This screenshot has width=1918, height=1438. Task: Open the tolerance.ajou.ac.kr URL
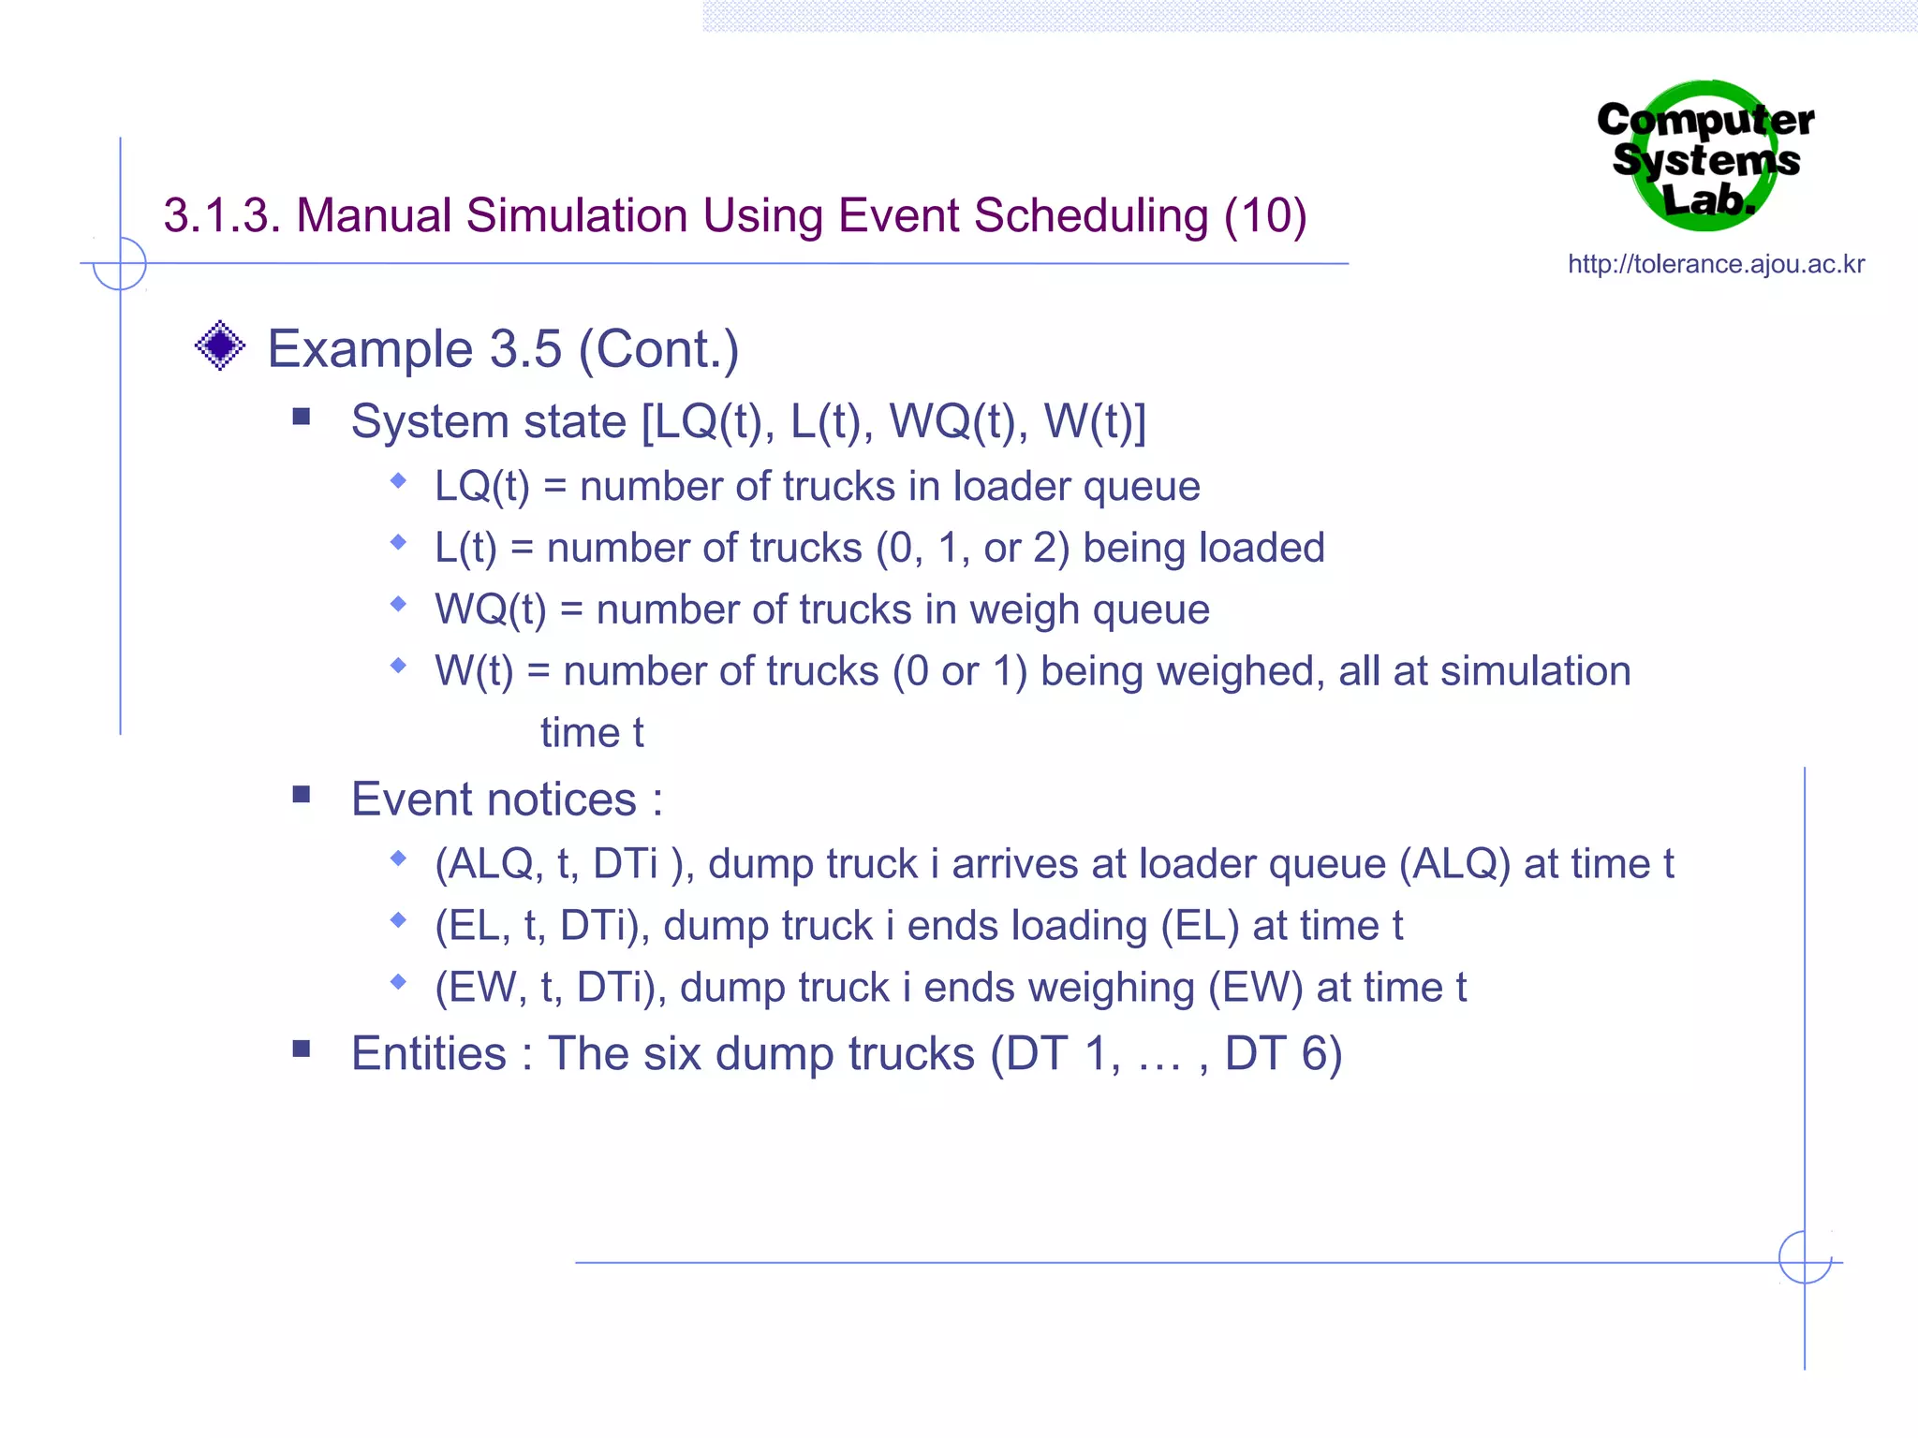[1716, 265]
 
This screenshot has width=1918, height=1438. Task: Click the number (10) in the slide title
[1265, 216]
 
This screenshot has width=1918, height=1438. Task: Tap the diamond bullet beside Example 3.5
[220, 346]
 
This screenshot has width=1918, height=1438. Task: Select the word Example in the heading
[369, 349]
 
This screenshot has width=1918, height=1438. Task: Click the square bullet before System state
[301, 417]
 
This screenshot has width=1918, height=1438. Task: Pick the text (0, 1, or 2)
[972, 549]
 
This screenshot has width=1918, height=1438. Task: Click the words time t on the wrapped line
[591, 733]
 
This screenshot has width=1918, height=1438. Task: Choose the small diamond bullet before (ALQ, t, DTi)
[399, 858]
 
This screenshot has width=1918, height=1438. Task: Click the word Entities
[429, 1054]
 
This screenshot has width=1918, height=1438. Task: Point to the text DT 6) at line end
[1283, 1054]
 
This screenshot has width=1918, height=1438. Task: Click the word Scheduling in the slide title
[1091, 216]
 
